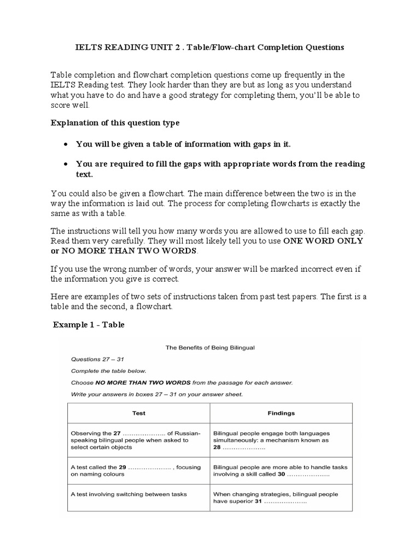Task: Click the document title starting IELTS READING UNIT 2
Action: [x=209, y=47]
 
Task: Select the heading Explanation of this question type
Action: [x=115, y=122]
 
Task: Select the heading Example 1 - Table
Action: [x=89, y=325]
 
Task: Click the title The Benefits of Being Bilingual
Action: [x=210, y=347]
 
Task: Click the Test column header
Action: [x=138, y=413]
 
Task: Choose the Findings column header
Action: [x=281, y=413]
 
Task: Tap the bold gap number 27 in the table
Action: [x=118, y=433]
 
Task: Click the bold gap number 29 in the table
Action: [x=122, y=467]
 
